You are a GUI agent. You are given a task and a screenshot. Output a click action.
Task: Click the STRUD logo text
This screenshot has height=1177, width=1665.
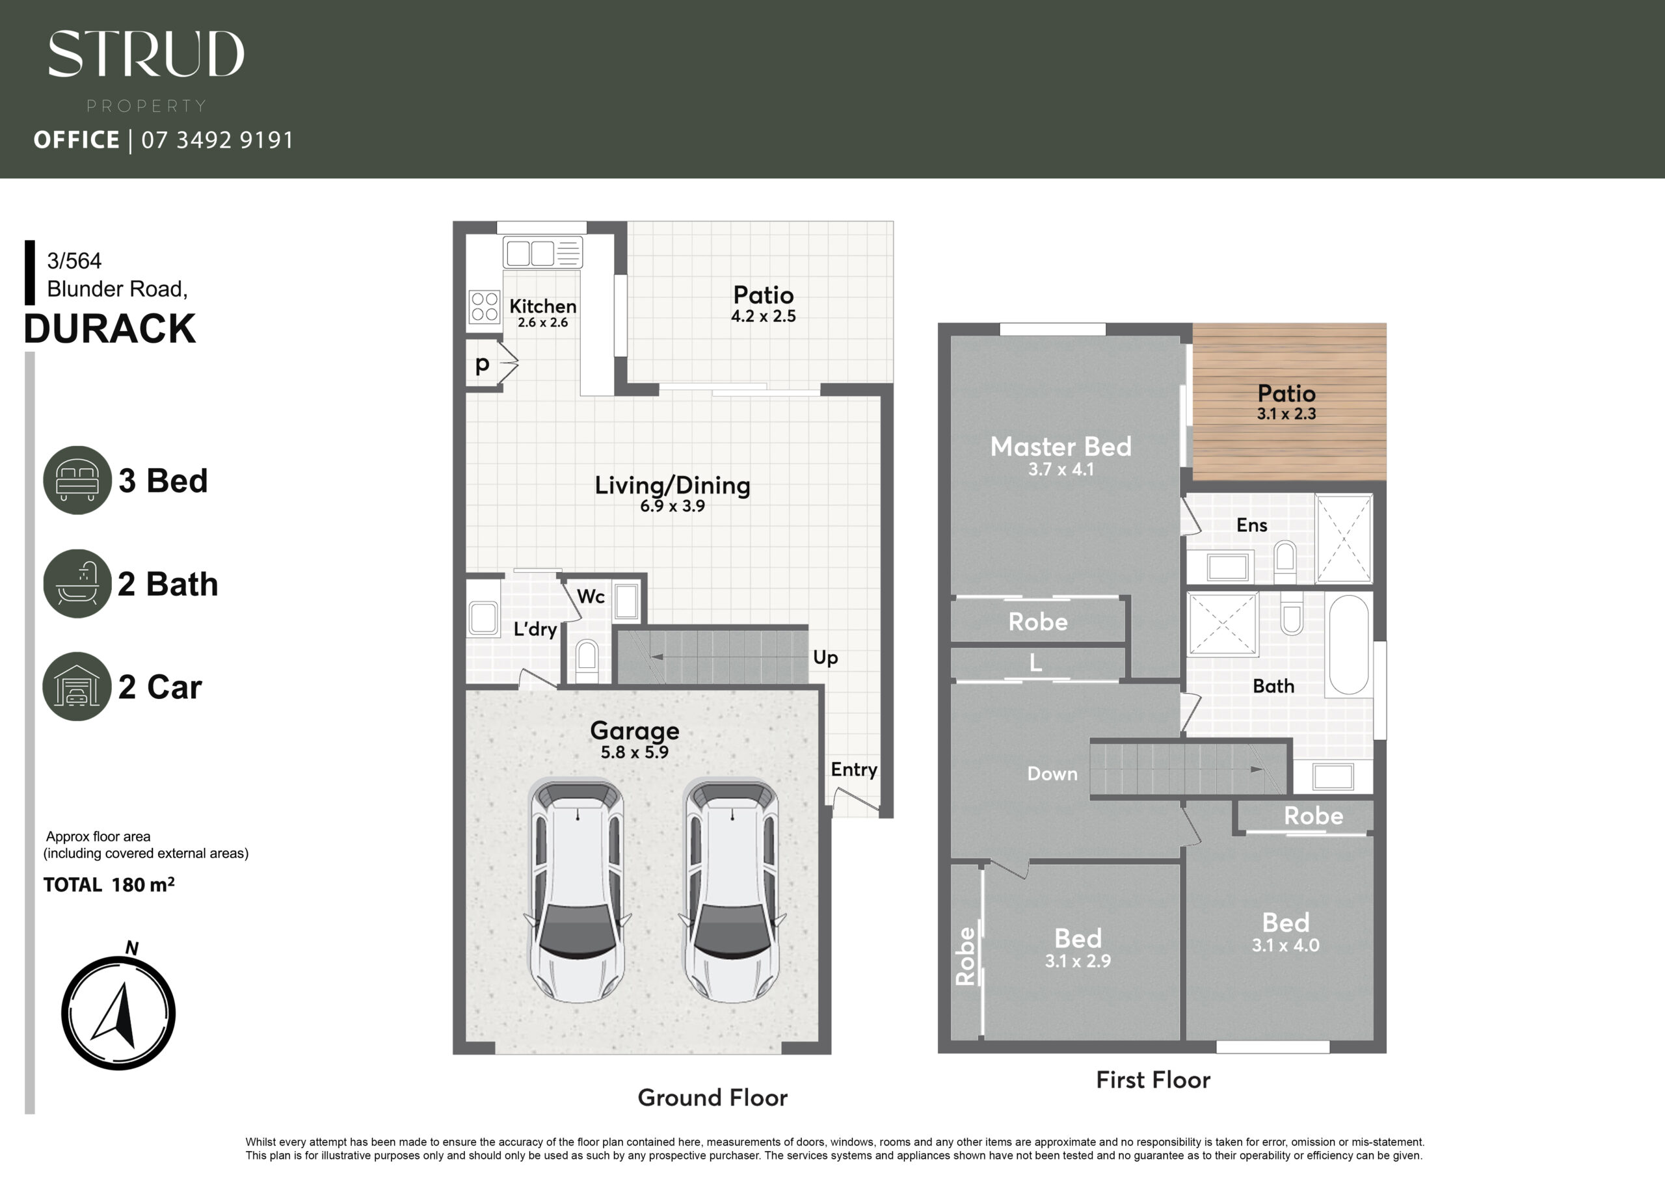[x=146, y=54]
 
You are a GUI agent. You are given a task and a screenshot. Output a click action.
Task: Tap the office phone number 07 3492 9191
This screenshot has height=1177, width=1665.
[x=217, y=140]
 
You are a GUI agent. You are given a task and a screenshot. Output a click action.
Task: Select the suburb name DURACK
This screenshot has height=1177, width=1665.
[x=109, y=328]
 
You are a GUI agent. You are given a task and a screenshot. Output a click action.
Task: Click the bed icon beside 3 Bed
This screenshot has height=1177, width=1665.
[x=77, y=480]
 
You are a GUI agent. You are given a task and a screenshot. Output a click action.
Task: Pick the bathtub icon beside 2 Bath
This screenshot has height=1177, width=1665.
[x=77, y=584]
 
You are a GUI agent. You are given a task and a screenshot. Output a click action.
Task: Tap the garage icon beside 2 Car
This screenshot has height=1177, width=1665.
[x=77, y=687]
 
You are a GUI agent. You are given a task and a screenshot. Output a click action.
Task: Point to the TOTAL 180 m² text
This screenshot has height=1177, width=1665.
[x=109, y=885]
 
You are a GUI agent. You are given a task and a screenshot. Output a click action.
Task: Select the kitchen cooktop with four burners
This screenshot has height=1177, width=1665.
[x=484, y=306]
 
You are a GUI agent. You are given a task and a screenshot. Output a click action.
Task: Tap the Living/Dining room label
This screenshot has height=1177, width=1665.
[x=673, y=485]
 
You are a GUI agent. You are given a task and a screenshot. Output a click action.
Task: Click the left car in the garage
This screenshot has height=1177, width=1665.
[x=578, y=890]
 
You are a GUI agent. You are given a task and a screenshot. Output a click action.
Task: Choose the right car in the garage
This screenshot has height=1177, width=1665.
[x=732, y=890]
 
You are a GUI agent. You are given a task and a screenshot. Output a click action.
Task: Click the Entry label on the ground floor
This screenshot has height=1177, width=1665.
[x=853, y=769]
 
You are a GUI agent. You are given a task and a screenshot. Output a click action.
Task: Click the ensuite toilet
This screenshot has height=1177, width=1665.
[x=1285, y=560]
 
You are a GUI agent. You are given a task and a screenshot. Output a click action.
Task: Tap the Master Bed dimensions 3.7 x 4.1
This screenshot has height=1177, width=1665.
[x=1061, y=469]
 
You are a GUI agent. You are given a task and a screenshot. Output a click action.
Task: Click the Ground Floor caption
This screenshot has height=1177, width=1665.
[x=712, y=1097]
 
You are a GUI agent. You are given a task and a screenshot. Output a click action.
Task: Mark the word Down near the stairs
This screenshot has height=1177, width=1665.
[x=1052, y=774]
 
